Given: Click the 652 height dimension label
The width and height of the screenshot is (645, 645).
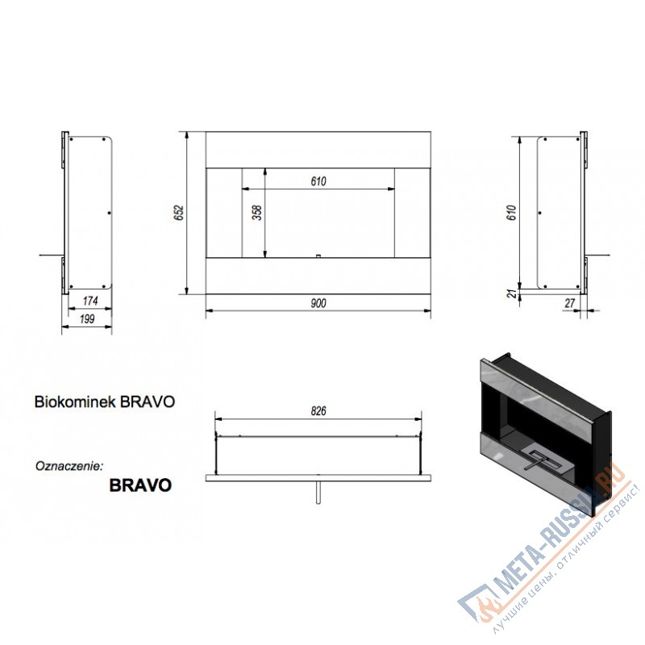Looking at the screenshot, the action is (x=179, y=212).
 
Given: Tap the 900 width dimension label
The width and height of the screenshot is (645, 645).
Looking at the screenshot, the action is (x=318, y=303).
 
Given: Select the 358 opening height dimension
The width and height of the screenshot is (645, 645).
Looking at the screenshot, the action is (x=257, y=213).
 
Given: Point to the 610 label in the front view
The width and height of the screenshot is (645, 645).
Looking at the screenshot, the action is (x=318, y=181).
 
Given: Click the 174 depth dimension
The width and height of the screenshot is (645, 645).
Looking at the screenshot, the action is (x=90, y=301).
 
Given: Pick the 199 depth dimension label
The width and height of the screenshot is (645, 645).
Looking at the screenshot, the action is (x=87, y=318).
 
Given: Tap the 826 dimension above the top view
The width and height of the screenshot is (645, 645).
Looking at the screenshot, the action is (x=318, y=411).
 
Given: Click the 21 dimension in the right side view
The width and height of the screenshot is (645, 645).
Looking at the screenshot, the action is (x=512, y=293).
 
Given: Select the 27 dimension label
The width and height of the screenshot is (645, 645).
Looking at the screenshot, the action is (x=569, y=303).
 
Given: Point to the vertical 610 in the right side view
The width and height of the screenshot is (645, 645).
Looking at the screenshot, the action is (x=512, y=212).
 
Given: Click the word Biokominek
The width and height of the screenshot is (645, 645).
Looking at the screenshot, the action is (x=69, y=402).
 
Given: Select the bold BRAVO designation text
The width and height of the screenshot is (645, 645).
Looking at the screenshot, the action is (x=140, y=485).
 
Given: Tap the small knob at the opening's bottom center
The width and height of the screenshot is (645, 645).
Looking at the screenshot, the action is (x=318, y=256).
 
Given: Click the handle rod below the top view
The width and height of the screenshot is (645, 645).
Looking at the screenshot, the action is (x=318, y=492).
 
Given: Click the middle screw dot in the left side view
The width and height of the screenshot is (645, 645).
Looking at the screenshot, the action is (x=109, y=213).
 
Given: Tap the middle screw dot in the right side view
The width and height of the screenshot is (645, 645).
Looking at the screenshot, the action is (x=539, y=213).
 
